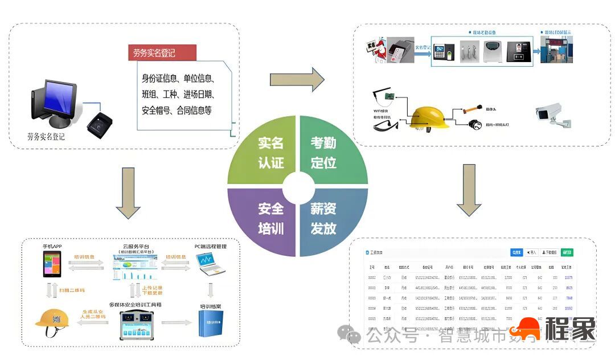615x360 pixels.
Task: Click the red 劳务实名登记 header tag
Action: click(x=162, y=53)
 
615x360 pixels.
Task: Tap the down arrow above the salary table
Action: click(x=469, y=190)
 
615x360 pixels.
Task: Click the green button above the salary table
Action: click(x=567, y=252)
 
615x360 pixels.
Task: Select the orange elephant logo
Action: click(x=524, y=329)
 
